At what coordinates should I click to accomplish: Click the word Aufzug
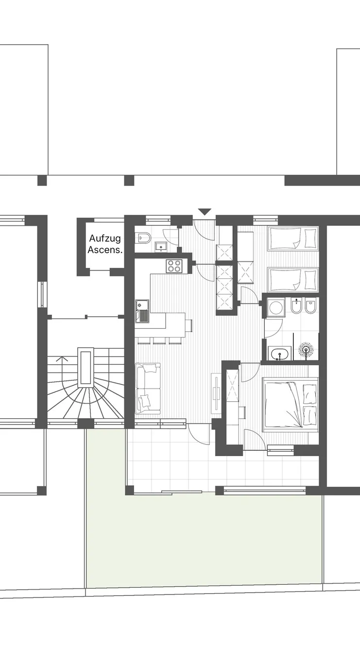tap(105, 238)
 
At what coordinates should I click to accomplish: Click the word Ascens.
tap(105, 250)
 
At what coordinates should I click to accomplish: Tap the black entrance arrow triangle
tap(205, 212)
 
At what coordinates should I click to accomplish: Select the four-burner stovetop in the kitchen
tap(174, 266)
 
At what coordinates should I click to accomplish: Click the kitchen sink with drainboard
tap(142, 310)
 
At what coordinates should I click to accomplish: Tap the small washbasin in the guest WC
tap(161, 246)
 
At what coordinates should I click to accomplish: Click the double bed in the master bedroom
tap(291, 404)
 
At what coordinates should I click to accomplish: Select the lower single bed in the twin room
tap(292, 279)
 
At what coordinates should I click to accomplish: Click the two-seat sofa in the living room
tap(148, 389)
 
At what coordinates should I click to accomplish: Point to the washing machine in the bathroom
tap(276, 308)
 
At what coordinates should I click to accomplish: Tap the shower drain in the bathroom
tap(306, 350)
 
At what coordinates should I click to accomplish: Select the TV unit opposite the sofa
tap(216, 393)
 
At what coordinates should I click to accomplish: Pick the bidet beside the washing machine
tap(295, 306)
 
